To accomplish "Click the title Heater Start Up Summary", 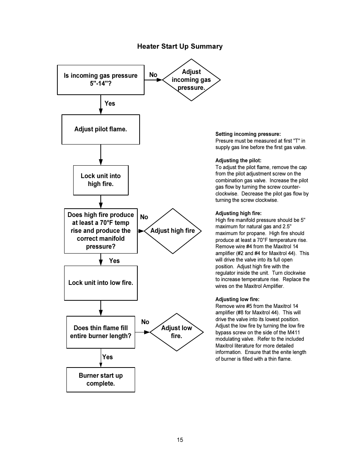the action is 180,46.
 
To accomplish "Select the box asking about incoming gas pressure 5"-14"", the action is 100,80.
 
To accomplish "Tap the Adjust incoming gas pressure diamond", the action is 191,80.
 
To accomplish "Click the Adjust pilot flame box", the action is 100,129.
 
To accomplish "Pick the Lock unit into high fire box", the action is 101,180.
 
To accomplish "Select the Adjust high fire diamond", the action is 172,231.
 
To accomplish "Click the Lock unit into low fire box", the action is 101,283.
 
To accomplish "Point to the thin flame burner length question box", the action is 100,332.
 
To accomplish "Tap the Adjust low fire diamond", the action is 177,332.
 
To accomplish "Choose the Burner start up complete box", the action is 100,380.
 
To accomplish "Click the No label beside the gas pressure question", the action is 153,75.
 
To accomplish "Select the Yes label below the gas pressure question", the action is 110,103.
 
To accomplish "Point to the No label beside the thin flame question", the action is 145,322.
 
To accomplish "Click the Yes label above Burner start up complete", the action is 108,357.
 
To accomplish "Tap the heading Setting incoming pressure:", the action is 248,134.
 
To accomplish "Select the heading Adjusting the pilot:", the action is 238,160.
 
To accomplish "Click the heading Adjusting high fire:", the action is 238,213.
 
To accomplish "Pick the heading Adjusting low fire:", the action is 237,299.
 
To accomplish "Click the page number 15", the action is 180,440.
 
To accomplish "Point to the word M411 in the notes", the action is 294,332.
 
